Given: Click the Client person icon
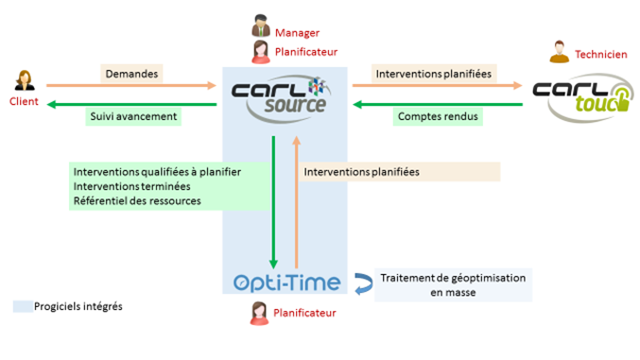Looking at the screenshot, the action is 25,80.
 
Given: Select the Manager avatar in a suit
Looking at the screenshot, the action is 260,26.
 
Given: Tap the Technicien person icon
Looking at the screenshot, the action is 560,52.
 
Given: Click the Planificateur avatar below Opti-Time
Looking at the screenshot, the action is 260,314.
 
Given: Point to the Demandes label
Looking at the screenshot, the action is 131,74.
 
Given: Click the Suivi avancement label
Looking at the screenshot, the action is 133,117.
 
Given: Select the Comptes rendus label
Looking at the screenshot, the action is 438,117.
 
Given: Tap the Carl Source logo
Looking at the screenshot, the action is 281,98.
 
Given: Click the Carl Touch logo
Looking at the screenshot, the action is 583,97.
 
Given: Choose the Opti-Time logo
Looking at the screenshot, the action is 287,283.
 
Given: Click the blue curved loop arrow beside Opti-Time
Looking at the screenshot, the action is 364,283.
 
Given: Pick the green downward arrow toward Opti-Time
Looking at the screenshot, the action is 273,202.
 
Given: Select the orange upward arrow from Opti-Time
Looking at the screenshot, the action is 297,202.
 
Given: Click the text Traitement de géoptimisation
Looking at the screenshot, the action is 453,278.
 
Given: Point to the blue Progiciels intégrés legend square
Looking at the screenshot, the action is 23,306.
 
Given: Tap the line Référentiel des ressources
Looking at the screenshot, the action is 137,201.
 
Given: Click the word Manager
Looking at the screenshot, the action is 297,33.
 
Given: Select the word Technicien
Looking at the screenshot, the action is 601,55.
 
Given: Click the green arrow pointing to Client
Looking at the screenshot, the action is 131,105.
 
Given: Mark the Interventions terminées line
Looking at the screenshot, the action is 131,186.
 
